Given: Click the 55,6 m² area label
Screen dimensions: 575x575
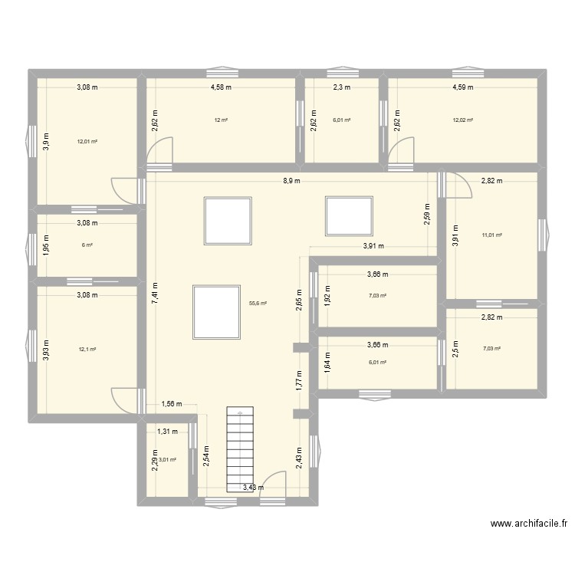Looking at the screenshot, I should pyautogui.click(x=258, y=304).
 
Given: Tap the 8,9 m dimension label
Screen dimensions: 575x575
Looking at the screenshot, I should pyautogui.click(x=289, y=181).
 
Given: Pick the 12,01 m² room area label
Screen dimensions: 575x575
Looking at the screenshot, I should pyautogui.click(x=87, y=141).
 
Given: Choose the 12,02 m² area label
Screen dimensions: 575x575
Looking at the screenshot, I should pyautogui.click(x=463, y=120).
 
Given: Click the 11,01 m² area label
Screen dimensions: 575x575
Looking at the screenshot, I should pyautogui.click(x=491, y=235).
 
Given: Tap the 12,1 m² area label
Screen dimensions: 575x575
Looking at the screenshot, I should pyautogui.click(x=87, y=350).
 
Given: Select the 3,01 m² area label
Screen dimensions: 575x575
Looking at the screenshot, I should pyautogui.click(x=167, y=460).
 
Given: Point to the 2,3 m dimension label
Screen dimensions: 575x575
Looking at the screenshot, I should pyautogui.click(x=341, y=87).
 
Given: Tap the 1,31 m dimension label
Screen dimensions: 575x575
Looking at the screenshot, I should pyautogui.click(x=167, y=432).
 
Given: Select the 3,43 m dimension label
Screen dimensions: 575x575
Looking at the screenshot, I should pyautogui.click(x=254, y=487).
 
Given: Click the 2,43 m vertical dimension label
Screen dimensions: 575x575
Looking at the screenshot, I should pyautogui.click(x=299, y=457).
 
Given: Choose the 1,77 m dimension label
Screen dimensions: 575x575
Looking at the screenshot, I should pyautogui.click(x=299, y=379).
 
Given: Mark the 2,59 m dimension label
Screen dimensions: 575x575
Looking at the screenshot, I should pyautogui.click(x=428, y=212).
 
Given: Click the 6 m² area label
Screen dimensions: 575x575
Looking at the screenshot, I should pyautogui.click(x=87, y=245).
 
